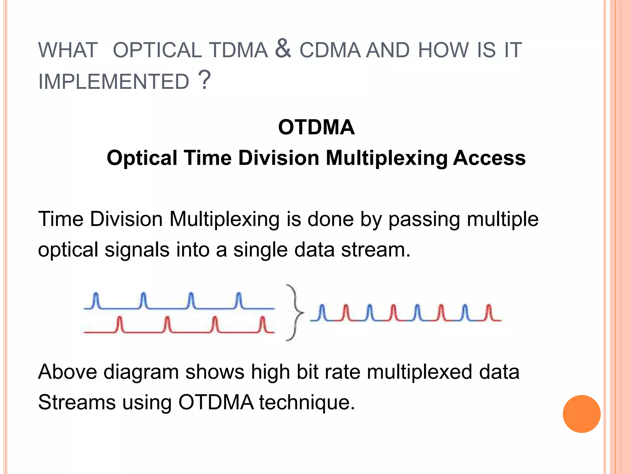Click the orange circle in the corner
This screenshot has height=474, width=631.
581,414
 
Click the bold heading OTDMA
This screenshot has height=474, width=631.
316,127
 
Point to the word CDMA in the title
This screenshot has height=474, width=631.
330,50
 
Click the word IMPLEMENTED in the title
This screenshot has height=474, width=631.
113,82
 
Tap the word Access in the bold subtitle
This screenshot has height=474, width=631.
489,158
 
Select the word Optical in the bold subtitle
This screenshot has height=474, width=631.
142,158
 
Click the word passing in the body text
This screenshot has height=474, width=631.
424,219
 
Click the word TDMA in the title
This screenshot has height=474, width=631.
238,50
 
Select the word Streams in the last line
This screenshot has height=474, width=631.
77,402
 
